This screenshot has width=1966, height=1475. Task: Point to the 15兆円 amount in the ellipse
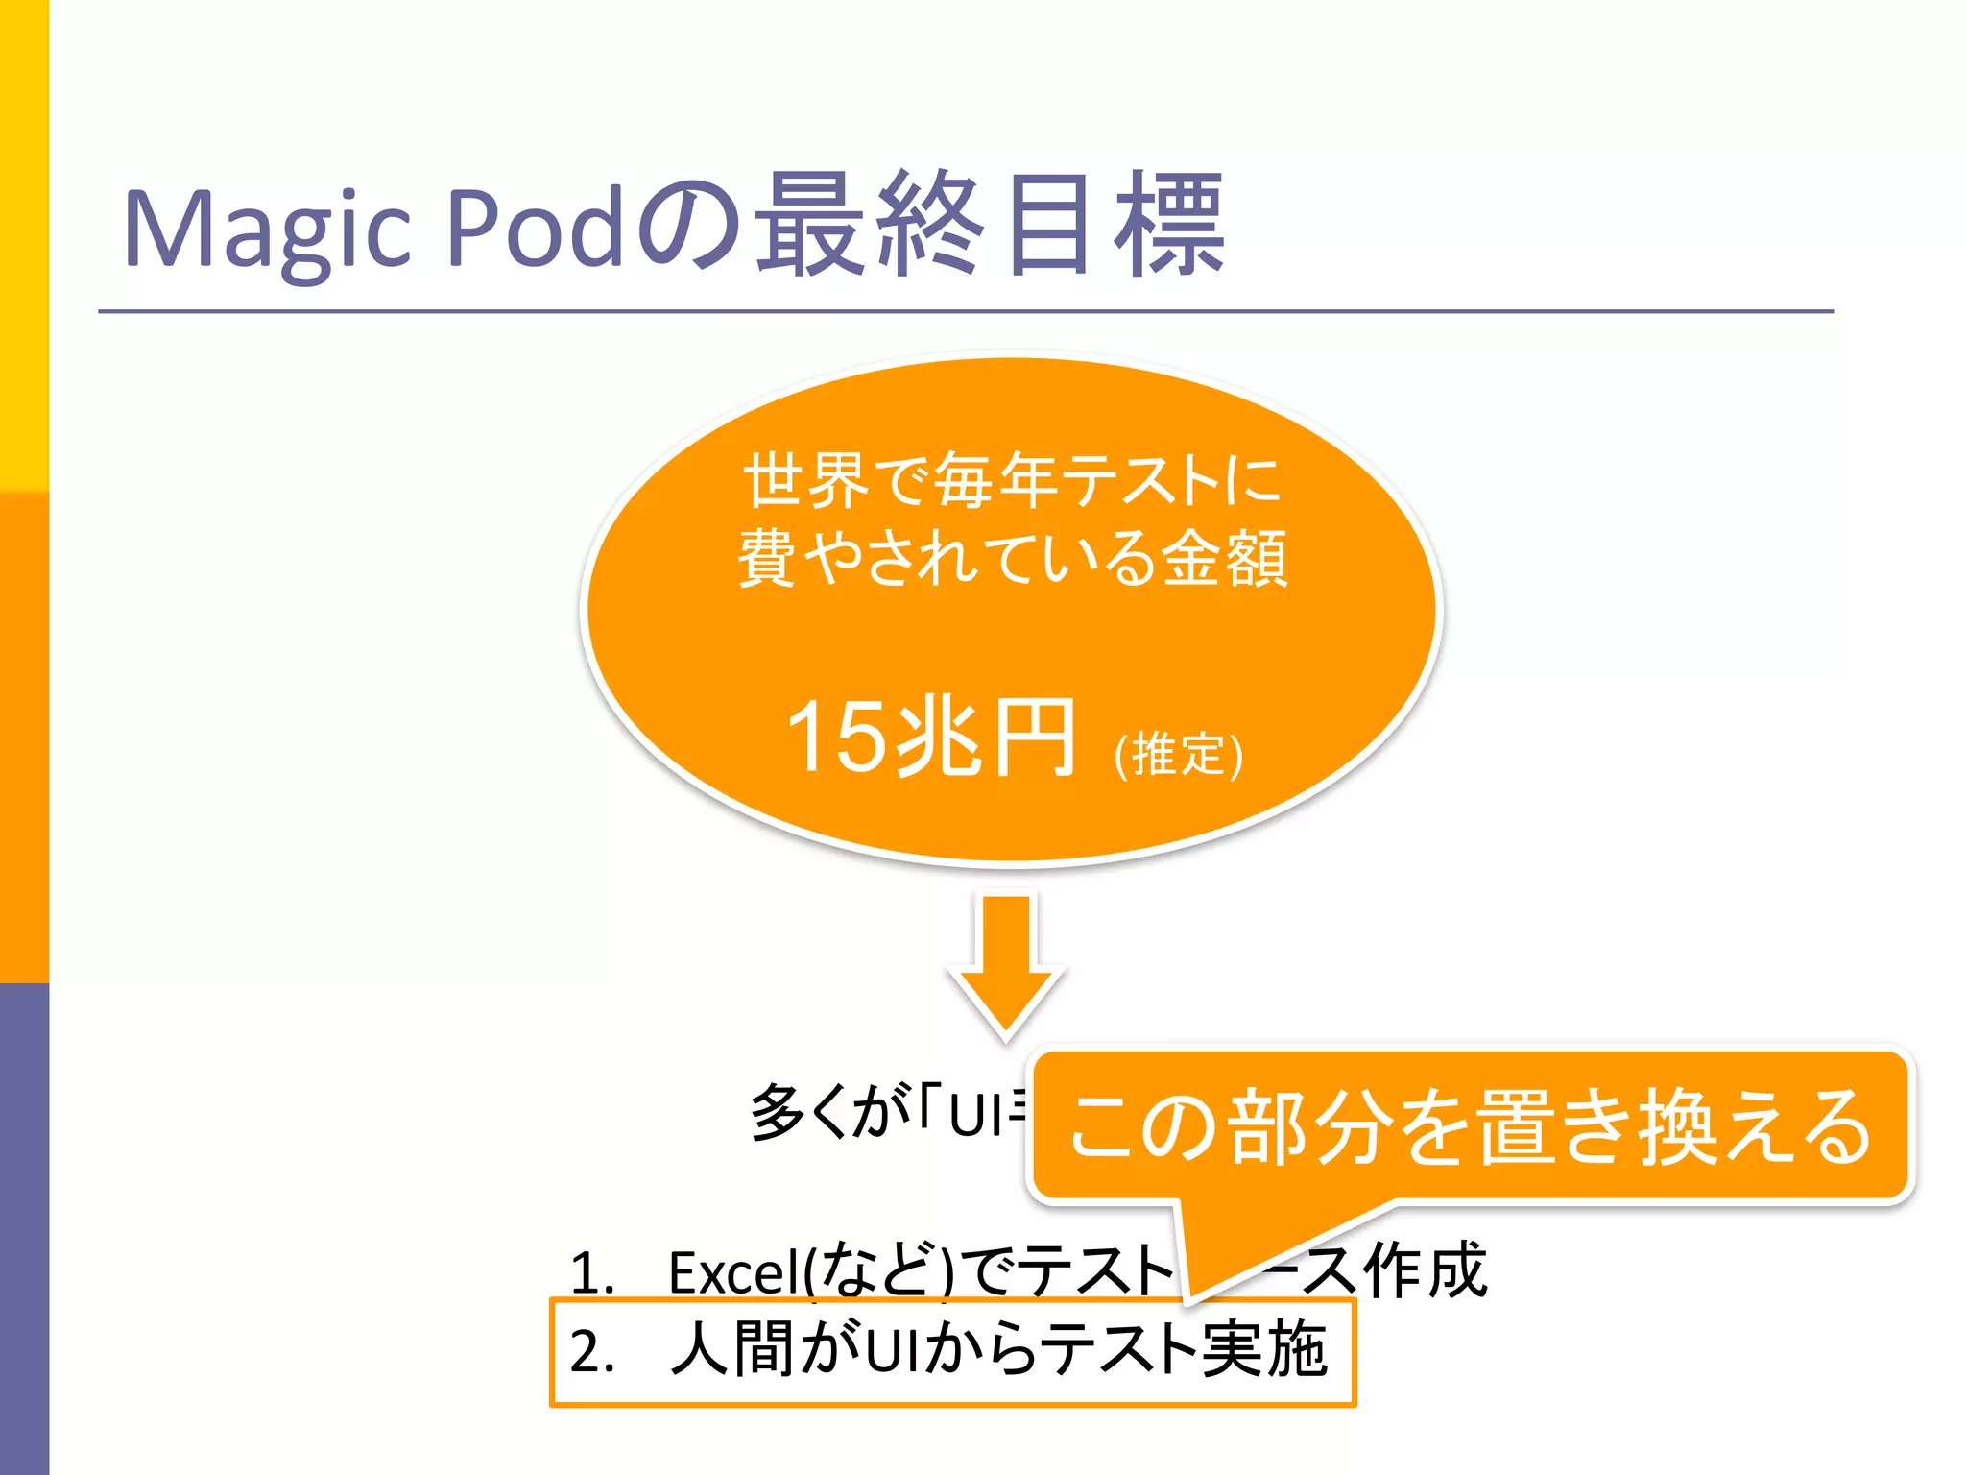929,737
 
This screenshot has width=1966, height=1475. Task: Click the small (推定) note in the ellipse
1178,754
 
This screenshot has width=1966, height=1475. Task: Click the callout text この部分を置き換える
1469,1126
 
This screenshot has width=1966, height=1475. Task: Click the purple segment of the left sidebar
24,1229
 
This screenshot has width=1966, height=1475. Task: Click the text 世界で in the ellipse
836,480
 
